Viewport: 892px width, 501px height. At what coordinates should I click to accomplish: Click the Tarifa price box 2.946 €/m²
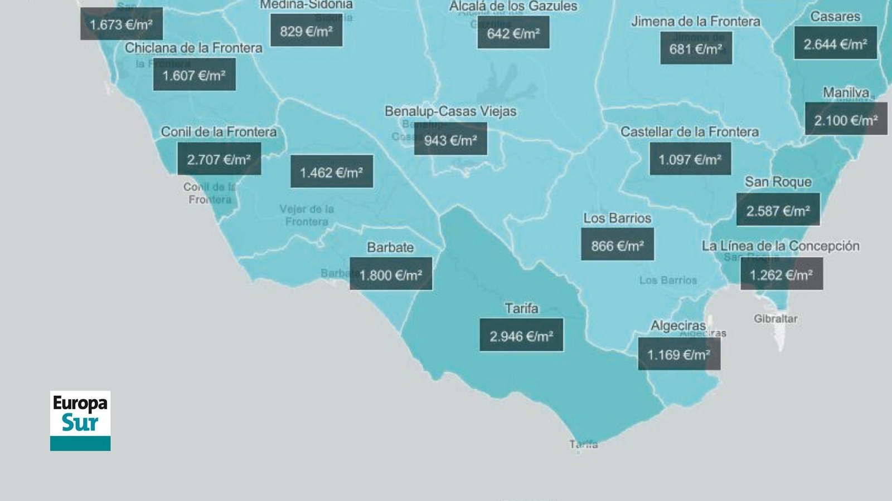tap(521, 335)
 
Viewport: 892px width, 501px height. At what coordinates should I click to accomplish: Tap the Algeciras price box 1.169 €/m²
tap(679, 354)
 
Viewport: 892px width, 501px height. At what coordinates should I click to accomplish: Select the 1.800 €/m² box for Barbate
tap(391, 274)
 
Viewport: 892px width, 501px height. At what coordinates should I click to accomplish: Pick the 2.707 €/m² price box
tap(219, 159)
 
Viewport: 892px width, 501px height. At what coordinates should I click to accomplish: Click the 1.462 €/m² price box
tap(332, 171)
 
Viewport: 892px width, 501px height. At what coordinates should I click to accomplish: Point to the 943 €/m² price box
tap(450, 139)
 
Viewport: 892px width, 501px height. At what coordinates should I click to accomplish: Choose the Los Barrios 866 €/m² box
tap(617, 245)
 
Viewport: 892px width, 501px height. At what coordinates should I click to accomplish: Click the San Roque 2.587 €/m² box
tap(778, 210)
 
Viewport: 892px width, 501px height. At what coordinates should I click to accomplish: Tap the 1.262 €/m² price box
tap(781, 274)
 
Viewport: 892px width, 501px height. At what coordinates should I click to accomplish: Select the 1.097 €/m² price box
tap(690, 159)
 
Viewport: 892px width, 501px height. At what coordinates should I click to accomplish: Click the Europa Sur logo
tap(80, 420)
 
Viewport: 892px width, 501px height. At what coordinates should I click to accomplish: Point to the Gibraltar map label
tap(775, 319)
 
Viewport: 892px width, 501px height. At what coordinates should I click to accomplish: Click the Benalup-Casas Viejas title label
tap(450, 111)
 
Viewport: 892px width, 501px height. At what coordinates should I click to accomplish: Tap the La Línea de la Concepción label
tap(780, 246)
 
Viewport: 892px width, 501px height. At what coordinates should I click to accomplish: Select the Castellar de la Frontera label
tap(690, 132)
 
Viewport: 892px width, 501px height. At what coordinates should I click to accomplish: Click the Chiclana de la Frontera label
tap(193, 48)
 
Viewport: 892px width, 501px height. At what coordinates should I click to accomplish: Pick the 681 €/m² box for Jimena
tap(696, 48)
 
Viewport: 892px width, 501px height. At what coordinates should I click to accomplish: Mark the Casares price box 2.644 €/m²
tap(835, 43)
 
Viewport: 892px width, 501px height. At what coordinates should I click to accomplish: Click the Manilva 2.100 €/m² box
tap(846, 119)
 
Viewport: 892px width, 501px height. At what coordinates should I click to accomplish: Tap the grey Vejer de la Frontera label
tap(307, 215)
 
